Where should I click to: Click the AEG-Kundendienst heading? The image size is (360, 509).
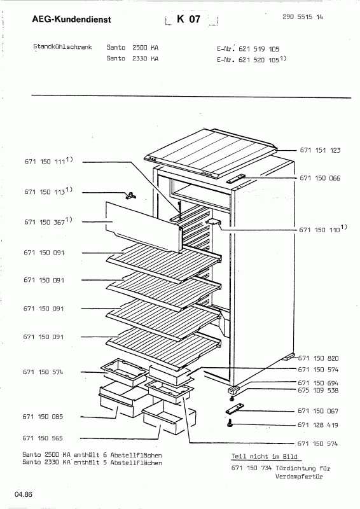coord(71,20)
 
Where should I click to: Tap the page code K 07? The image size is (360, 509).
coord(189,19)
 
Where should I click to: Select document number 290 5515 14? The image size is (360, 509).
coord(303,17)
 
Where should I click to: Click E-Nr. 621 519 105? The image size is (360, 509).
coord(248,49)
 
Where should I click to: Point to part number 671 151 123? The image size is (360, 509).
coord(320,150)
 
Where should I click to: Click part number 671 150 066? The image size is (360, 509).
coord(320,178)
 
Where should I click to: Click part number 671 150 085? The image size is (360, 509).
coord(43,417)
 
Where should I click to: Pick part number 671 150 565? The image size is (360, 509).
coord(43,438)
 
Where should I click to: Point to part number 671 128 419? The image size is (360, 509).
coord(318,425)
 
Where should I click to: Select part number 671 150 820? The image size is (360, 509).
coord(318,358)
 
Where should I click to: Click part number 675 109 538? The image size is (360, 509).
coord(318,390)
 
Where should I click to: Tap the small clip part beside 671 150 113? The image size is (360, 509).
coord(131,195)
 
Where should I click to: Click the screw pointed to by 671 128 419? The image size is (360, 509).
coord(230,422)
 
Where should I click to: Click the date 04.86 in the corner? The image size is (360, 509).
coord(24,495)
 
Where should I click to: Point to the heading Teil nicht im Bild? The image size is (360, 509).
coord(264,456)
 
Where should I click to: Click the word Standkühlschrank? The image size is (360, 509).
coord(62,46)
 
